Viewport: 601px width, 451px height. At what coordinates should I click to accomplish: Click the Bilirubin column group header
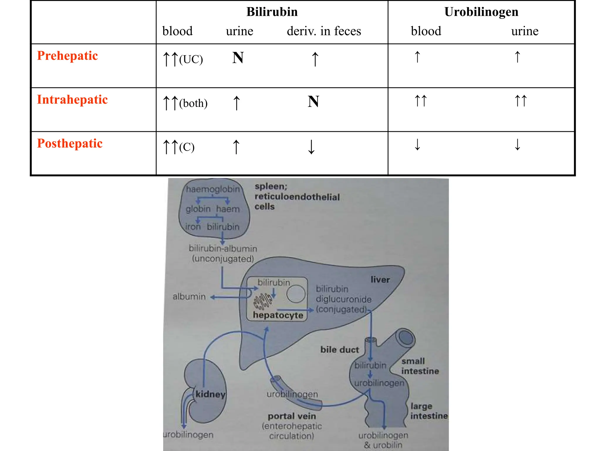(x=272, y=12)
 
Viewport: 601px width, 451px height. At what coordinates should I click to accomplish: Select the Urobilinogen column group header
(x=481, y=12)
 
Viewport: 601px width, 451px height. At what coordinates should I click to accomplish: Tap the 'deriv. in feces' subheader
(x=324, y=31)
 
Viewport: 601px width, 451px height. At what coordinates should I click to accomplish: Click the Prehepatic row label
(x=67, y=56)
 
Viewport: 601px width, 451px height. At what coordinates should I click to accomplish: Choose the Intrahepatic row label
(x=72, y=100)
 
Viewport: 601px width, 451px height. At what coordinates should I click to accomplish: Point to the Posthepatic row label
(x=70, y=144)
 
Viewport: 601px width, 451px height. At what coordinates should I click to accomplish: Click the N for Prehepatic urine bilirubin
(x=238, y=58)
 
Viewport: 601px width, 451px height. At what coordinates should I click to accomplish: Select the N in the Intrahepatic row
(x=313, y=102)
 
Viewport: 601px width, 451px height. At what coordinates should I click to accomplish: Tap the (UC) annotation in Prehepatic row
(x=191, y=60)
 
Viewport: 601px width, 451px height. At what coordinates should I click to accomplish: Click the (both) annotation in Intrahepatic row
(x=193, y=104)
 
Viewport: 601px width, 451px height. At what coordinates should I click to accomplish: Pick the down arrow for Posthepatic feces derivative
(x=311, y=147)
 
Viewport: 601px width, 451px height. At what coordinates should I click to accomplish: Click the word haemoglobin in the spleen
(x=213, y=189)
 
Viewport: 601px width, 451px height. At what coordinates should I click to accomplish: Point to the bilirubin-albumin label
(x=223, y=249)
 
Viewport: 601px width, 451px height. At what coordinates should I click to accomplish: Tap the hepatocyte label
(x=278, y=315)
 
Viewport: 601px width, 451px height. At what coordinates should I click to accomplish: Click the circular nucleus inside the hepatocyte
(x=296, y=294)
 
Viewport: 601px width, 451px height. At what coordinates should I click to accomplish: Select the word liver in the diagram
(x=380, y=280)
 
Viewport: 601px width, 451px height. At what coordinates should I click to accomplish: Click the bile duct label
(x=340, y=350)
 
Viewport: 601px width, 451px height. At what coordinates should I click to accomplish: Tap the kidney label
(x=210, y=394)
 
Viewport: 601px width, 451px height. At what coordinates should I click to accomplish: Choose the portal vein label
(x=292, y=416)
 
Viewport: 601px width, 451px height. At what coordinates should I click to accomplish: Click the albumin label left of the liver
(x=189, y=297)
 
